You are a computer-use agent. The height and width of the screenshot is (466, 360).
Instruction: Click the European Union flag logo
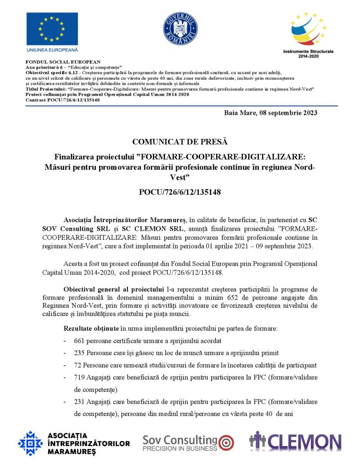click(52, 28)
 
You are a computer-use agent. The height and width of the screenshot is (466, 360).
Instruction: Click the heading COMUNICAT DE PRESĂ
click(180, 142)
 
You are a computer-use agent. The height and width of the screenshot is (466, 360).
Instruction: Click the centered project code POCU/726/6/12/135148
click(180, 192)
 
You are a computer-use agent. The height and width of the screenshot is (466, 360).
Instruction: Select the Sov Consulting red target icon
click(226, 442)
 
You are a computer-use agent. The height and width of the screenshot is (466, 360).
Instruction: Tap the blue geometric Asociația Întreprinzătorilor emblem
click(30, 443)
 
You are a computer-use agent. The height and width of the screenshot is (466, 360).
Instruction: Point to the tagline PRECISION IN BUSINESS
click(180, 449)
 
